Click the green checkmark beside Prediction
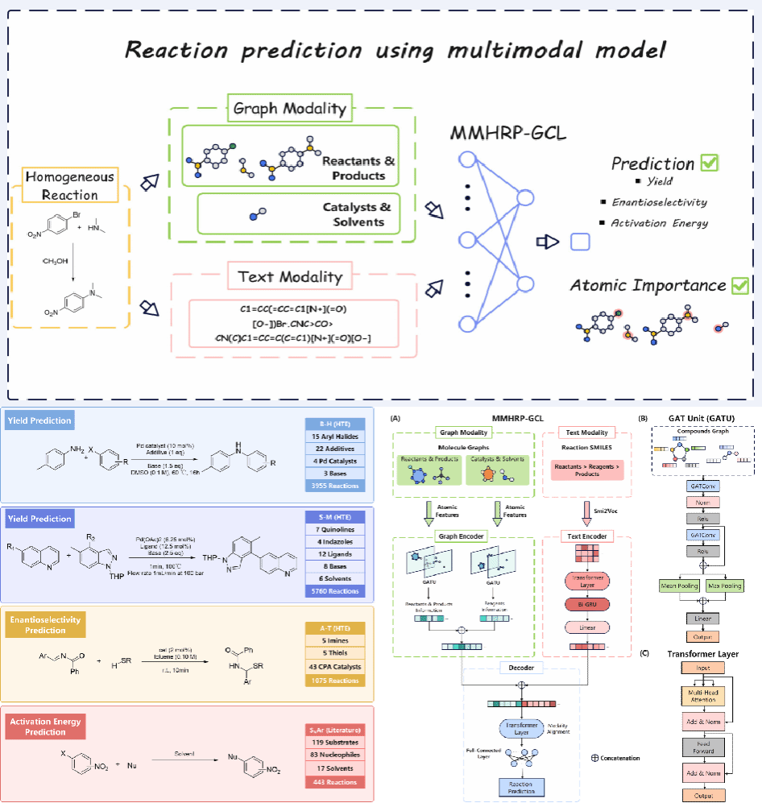click(x=710, y=163)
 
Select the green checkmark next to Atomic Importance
click(x=739, y=285)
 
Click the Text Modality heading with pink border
click(x=290, y=277)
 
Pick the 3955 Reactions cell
click(x=336, y=486)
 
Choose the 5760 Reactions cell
click(x=336, y=590)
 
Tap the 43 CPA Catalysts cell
click(x=336, y=666)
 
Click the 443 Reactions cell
click(x=336, y=781)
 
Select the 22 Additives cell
click(x=336, y=449)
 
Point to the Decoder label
click(x=523, y=668)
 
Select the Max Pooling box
click(x=725, y=586)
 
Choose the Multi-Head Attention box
click(x=703, y=695)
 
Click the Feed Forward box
click(x=703, y=747)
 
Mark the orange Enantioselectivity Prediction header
click(x=45, y=625)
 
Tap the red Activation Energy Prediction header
click(x=45, y=726)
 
